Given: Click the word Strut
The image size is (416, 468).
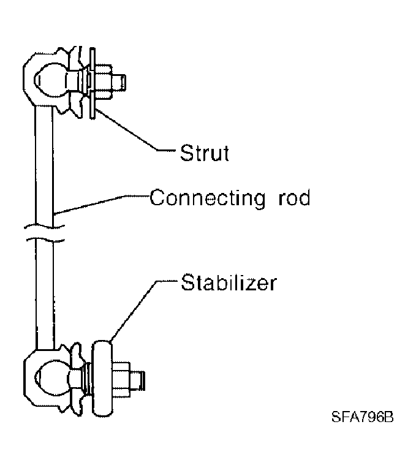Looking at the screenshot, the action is click(205, 153).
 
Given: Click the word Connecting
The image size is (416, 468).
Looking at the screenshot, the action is click(208, 198).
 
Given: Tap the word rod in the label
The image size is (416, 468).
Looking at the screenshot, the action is click(294, 198).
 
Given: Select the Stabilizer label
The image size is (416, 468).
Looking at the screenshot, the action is click(229, 282).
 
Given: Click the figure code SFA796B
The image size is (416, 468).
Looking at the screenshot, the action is click(362, 417).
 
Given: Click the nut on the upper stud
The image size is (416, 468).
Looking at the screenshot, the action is click(104, 81).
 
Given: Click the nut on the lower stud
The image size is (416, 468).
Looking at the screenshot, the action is click(121, 380).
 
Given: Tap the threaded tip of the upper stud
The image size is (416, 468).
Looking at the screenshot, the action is click(119, 82).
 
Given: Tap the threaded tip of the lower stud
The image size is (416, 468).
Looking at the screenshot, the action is click(138, 380).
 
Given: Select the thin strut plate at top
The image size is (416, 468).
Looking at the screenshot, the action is click(93, 83).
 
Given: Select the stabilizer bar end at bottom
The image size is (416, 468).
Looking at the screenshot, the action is click(103, 379).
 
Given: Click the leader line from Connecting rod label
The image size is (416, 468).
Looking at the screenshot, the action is click(102, 205).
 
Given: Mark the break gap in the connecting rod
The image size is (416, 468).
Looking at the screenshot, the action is click(45, 233).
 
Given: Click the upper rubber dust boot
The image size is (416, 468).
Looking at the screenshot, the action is click(75, 81).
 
